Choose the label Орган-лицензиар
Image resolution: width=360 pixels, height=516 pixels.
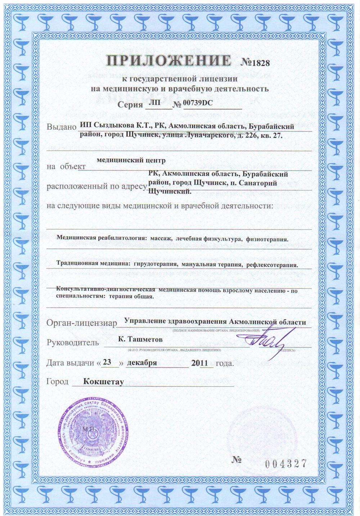click(x=82, y=323)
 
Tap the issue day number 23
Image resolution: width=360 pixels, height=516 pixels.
click(x=107, y=362)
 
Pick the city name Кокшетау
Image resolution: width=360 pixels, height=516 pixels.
click(x=103, y=381)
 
